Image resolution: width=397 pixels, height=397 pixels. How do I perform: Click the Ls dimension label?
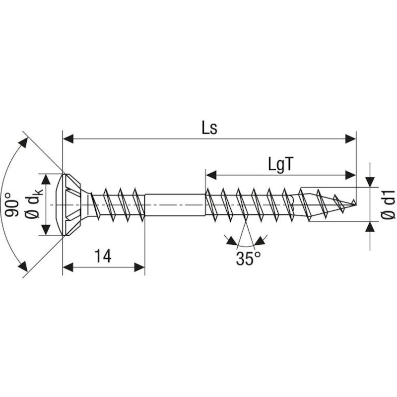point(209,128)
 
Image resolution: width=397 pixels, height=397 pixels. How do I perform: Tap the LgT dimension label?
point(280,165)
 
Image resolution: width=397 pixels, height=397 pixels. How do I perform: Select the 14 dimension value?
point(103,256)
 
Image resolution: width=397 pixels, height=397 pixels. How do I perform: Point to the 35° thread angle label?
point(248,258)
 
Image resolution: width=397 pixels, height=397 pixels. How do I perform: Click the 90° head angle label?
point(12,204)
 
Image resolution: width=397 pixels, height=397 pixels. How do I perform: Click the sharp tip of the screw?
point(355,204)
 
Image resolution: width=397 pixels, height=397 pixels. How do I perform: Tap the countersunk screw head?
point(73,204)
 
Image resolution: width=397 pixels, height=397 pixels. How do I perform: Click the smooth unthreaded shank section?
point(175,204)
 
